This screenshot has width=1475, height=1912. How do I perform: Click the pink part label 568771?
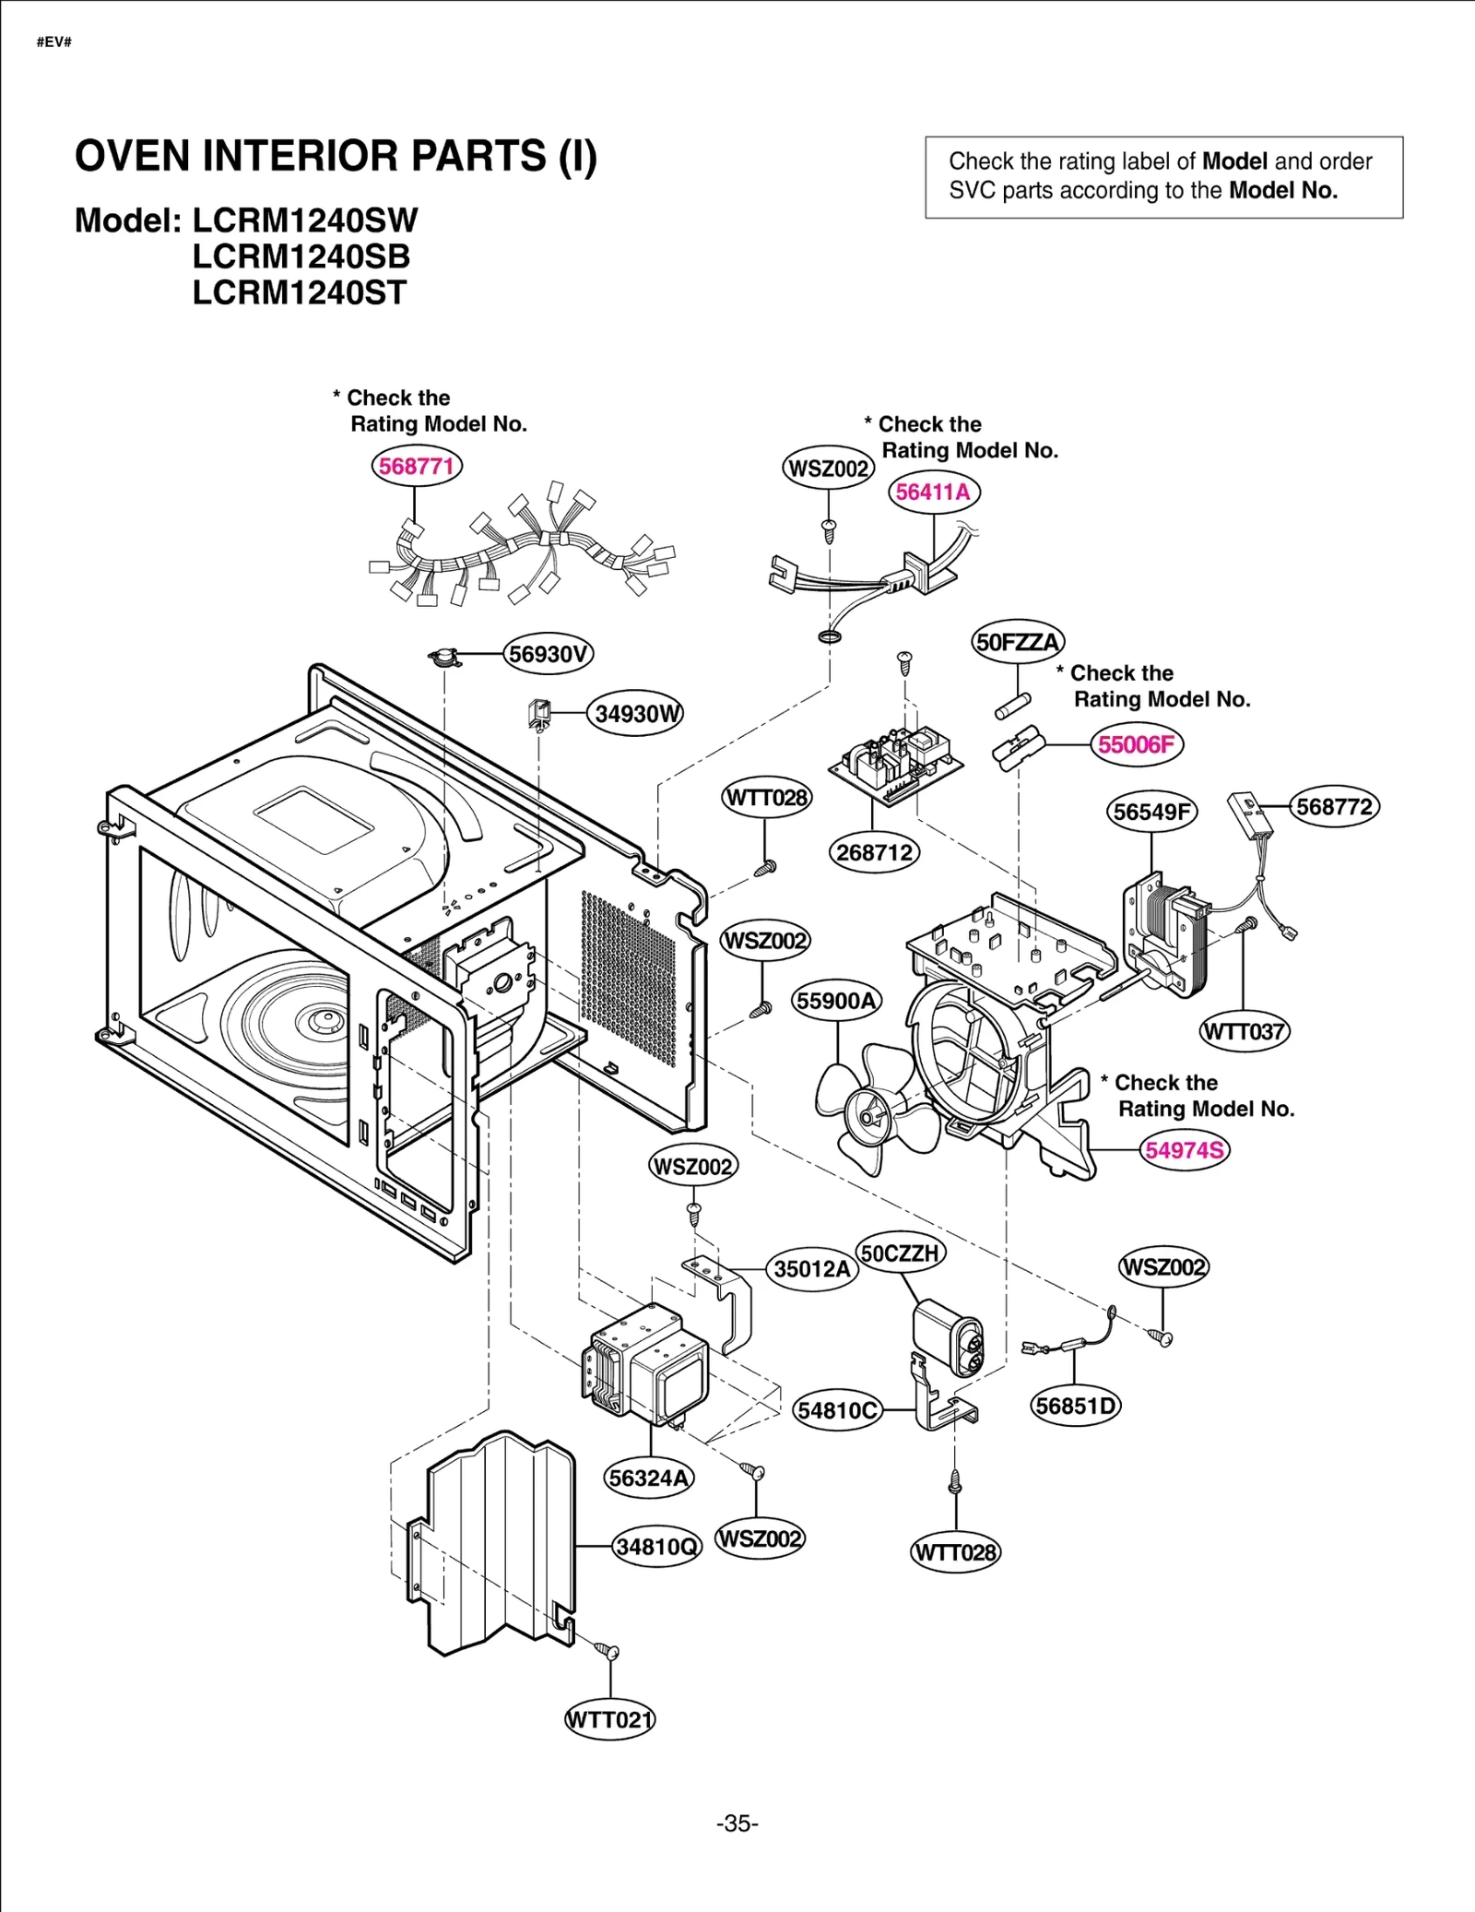417,466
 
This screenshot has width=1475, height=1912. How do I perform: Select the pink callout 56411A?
934,492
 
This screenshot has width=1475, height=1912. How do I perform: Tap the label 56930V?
549,654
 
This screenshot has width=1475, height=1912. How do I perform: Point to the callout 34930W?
636,714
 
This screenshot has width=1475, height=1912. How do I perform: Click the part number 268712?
874,852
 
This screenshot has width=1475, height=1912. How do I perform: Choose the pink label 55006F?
1137,744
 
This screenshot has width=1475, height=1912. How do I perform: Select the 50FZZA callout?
1018,642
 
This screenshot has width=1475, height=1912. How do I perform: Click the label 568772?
1334,807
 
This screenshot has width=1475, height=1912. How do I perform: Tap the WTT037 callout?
1245,1031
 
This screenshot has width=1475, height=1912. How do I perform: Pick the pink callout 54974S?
1185,1150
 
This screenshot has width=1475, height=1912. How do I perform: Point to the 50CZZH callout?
900,1253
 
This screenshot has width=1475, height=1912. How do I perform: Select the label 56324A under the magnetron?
649,1478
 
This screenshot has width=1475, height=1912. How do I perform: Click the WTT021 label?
609,1719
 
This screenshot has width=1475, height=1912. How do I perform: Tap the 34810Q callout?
656,1546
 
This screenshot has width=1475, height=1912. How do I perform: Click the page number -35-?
737,1823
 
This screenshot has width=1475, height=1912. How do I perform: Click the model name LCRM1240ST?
299,293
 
